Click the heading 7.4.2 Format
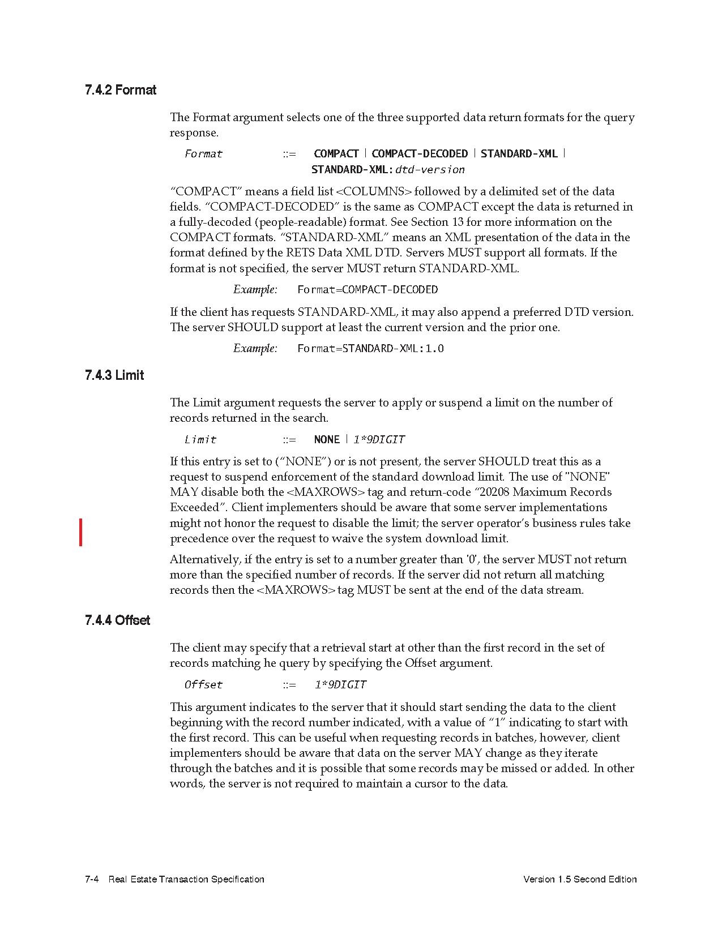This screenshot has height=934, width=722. point(121,90)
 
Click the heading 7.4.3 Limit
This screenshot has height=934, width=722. point(114,375)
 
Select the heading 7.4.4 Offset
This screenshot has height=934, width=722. point(117,620)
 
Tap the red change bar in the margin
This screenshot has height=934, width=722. point(81,532)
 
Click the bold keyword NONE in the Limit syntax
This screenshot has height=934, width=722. point(327,440)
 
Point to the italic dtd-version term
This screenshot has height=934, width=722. point(430,170)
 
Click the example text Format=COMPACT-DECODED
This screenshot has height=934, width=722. point(368,290)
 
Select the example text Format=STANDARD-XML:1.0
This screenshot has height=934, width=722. point(370,349)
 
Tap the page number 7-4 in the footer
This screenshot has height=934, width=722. point(92,879)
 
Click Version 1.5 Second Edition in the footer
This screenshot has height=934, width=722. point(580,879)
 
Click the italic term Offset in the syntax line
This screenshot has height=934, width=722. point(203,685)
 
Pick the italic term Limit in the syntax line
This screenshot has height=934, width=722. point(200,440)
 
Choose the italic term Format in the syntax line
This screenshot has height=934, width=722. point(203,154)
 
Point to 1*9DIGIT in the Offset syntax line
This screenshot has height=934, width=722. point(340,685)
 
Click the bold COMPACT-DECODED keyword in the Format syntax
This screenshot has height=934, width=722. point(420,154)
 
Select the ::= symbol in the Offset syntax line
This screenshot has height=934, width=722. point(289,685)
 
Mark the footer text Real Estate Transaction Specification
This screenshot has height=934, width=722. point(186,879)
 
